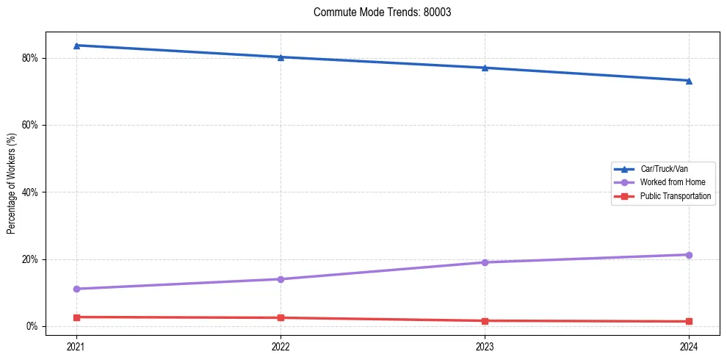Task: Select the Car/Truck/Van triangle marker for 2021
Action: (76, 46)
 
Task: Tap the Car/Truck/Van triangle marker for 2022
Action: (281, 57)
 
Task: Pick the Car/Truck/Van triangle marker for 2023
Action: (485, 68)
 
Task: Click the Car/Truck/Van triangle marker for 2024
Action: (689, 81)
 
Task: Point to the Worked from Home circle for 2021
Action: (76, 289)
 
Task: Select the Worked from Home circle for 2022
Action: (281, 279)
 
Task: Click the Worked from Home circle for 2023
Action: (485, 262)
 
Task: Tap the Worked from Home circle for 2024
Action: (689, 255)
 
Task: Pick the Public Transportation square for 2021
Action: (76, 317)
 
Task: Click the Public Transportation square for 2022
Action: (281, 318)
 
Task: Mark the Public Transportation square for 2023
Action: (485, 321)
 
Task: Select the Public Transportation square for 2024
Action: (689, 322)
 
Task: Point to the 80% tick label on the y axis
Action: (30, 58)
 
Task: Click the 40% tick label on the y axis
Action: (30, 192)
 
